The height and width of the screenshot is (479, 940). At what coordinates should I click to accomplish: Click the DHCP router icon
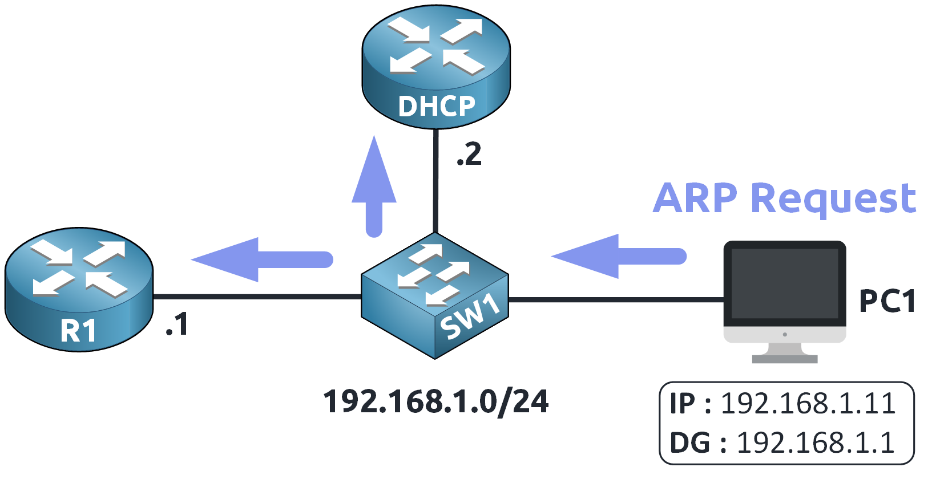[x=435, y=66]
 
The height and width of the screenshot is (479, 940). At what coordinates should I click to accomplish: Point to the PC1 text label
[x=887, y=301]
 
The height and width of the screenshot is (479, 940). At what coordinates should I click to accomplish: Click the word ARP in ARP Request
[x=695, y=198]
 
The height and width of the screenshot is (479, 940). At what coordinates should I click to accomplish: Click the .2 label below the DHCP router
[x=469, y=155]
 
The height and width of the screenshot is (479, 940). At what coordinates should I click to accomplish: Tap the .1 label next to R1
[x=176, y=324]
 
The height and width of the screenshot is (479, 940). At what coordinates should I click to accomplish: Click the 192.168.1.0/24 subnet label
[x=435, y=401]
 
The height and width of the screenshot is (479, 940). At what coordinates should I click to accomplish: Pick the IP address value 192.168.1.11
[x=808, y=404]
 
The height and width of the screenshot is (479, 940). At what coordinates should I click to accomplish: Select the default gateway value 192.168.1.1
[x=816, y=443]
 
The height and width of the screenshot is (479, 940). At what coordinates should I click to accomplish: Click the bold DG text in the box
[x=689, y=443]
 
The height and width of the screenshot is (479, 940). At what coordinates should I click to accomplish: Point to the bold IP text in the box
[x=682, y=404]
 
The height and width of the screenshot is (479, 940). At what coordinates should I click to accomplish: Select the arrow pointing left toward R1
[x=263, y=259]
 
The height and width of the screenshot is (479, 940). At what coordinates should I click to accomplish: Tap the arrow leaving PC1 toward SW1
[x=619, y=256]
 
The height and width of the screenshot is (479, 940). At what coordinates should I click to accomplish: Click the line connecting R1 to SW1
[x=257, y=297]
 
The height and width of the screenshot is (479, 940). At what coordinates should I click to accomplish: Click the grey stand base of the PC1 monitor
[x=785, y=359]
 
